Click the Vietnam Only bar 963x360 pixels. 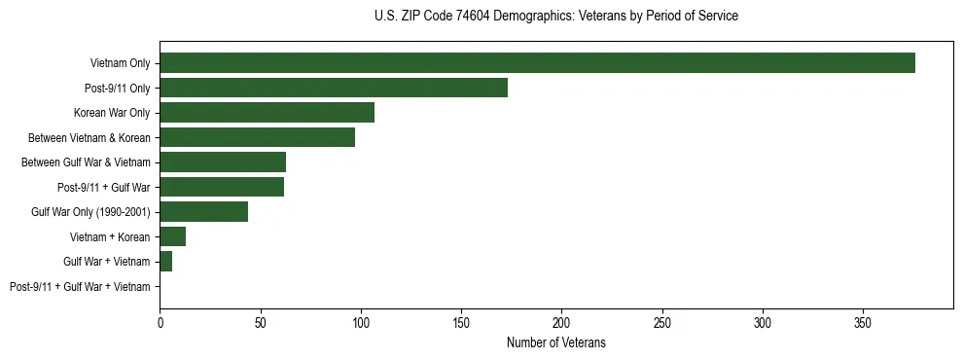point(537,63)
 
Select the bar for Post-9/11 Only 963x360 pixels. point(334,88)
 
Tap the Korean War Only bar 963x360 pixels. point(267,113)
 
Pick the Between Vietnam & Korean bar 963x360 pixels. point(257,137)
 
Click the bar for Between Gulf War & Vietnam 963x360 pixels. point(223,162)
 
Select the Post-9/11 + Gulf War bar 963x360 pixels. point(222,187)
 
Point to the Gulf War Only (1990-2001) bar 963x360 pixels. point(204,212)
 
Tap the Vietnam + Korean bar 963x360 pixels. point(172,236)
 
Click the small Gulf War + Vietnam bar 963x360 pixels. point(165,262)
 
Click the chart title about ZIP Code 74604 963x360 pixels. point(555,17)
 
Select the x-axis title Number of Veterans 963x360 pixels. point(555,342)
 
